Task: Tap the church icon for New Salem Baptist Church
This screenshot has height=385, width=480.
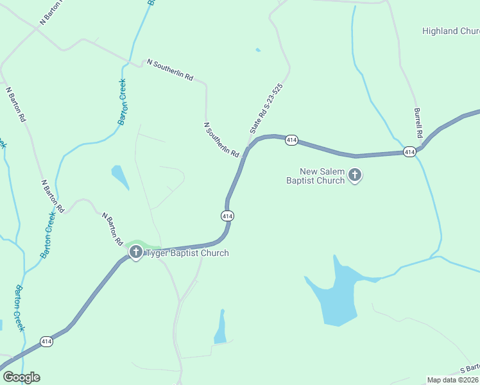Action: point(355,175)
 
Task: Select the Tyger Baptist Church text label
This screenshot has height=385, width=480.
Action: point(187,253)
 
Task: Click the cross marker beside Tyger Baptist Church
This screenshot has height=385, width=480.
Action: point(135,252)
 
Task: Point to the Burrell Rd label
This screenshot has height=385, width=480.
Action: point(418,123)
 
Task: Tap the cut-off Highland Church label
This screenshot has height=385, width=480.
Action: point(450,31)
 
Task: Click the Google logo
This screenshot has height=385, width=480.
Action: point(21,377)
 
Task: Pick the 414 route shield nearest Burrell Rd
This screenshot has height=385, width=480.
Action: point(410,151)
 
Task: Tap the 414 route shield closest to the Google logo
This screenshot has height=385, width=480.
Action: point(46,341)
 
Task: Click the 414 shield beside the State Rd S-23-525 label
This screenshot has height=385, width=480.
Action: point(291,140)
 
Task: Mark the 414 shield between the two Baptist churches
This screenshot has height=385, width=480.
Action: point(227,216)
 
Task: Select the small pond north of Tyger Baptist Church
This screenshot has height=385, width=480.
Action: point(119,176)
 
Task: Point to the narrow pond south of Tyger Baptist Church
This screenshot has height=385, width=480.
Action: point(221,327)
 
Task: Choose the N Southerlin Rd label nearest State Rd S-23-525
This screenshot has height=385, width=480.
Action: point(221,140)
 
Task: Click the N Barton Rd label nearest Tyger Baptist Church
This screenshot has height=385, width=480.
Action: point(112,229)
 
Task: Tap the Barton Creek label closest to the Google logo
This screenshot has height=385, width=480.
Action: point(20,308)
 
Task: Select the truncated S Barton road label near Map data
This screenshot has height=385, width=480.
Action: point(470,370)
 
